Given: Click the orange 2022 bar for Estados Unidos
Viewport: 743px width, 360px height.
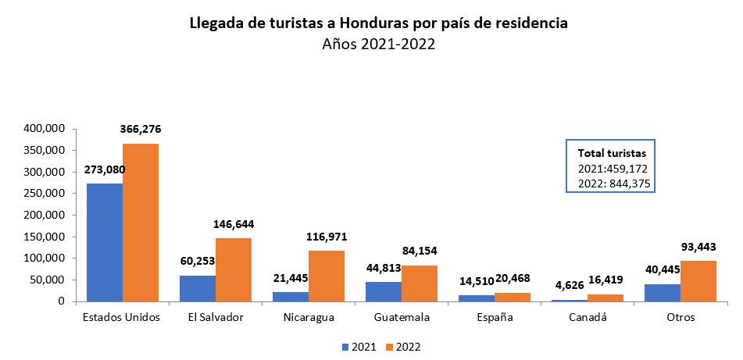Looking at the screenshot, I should pos(141,223).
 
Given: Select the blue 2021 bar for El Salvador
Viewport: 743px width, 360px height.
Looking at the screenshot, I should pos(198,288).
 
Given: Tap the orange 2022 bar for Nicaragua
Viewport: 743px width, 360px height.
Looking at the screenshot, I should pos(327,276).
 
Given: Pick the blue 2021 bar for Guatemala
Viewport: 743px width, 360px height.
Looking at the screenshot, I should pos(384,291).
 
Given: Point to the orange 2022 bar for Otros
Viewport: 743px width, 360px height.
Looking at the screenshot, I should pos(698,281).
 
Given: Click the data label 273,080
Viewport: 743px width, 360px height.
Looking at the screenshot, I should pos(104,169).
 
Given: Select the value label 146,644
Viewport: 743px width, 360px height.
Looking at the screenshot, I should pos(234,224).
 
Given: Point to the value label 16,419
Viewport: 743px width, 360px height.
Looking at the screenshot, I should pos(605,279).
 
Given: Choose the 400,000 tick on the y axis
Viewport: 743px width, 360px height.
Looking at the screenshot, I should pos(43,129).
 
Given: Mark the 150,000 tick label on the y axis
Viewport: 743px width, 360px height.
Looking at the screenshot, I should pos(43,237).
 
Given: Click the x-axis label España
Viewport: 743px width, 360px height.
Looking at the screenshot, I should pos(495,317).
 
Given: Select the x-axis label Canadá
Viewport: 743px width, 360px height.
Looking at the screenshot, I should pos(588,317).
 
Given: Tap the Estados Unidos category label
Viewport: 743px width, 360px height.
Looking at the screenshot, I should pos(122,317).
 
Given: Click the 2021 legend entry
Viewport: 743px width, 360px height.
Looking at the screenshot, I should pos(361,346).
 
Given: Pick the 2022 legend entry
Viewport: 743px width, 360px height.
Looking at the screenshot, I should pos(408,346).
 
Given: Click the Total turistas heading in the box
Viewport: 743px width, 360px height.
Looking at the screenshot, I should pos(610,153).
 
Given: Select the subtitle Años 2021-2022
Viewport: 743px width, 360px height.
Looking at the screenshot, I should pos(378,45).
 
